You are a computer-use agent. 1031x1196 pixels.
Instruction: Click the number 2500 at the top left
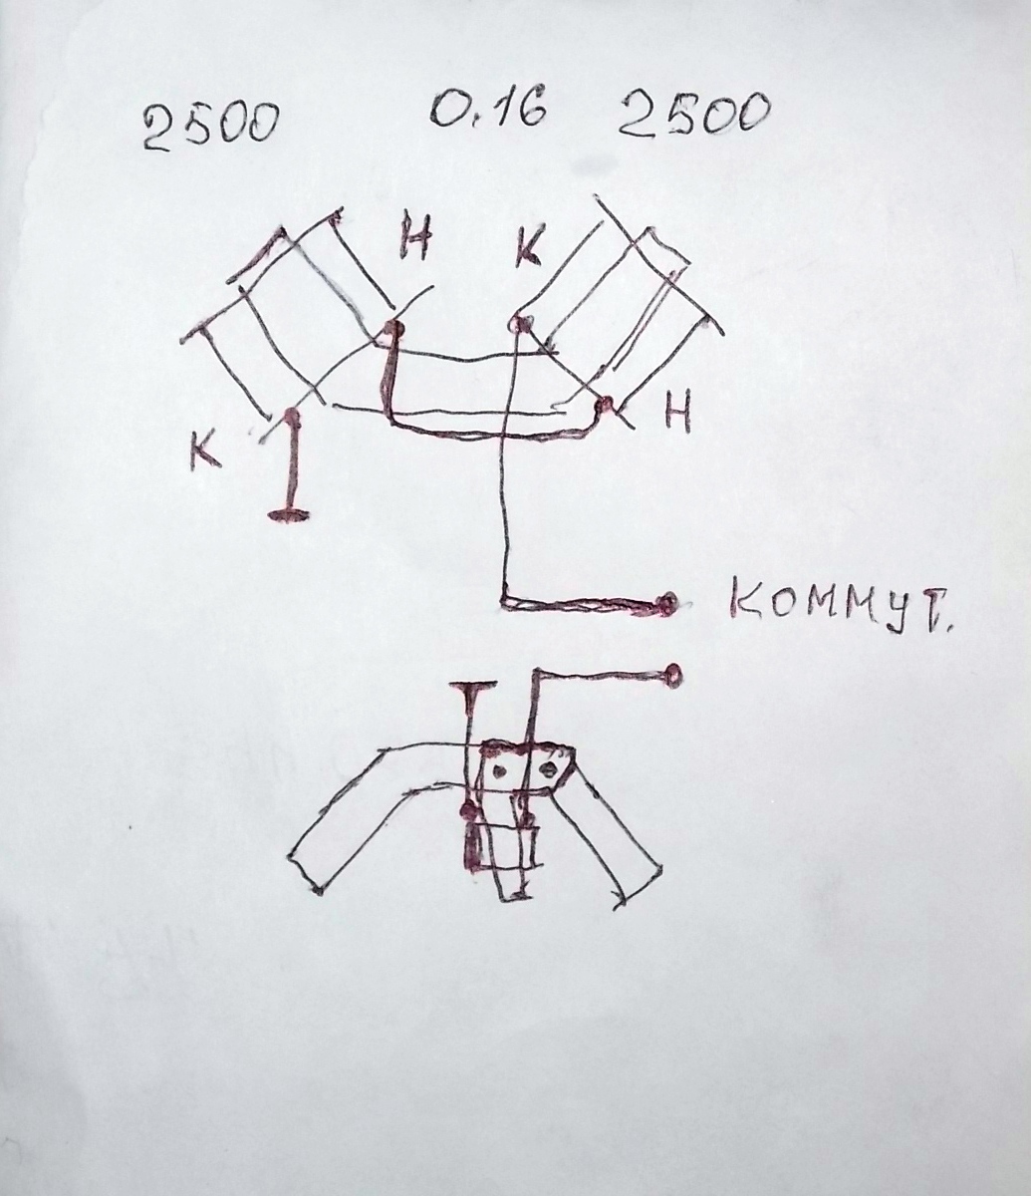coord(208,127)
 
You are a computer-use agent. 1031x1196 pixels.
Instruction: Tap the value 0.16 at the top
coord(489,109)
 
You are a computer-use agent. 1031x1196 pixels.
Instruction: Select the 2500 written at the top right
coord(693,115)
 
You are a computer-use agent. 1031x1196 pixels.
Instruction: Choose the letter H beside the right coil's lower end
coord(677,413)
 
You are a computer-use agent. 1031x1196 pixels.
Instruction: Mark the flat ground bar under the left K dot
coord(288,514)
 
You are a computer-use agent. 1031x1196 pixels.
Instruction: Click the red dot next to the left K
coord(291,414)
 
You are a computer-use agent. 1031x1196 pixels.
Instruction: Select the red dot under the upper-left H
coord(393,328)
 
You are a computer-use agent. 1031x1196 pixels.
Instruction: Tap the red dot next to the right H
coord(604,406)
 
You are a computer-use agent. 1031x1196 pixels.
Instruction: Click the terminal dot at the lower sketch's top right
coord(674,672)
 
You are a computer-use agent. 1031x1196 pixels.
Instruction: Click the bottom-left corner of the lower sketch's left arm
coord(317,888)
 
